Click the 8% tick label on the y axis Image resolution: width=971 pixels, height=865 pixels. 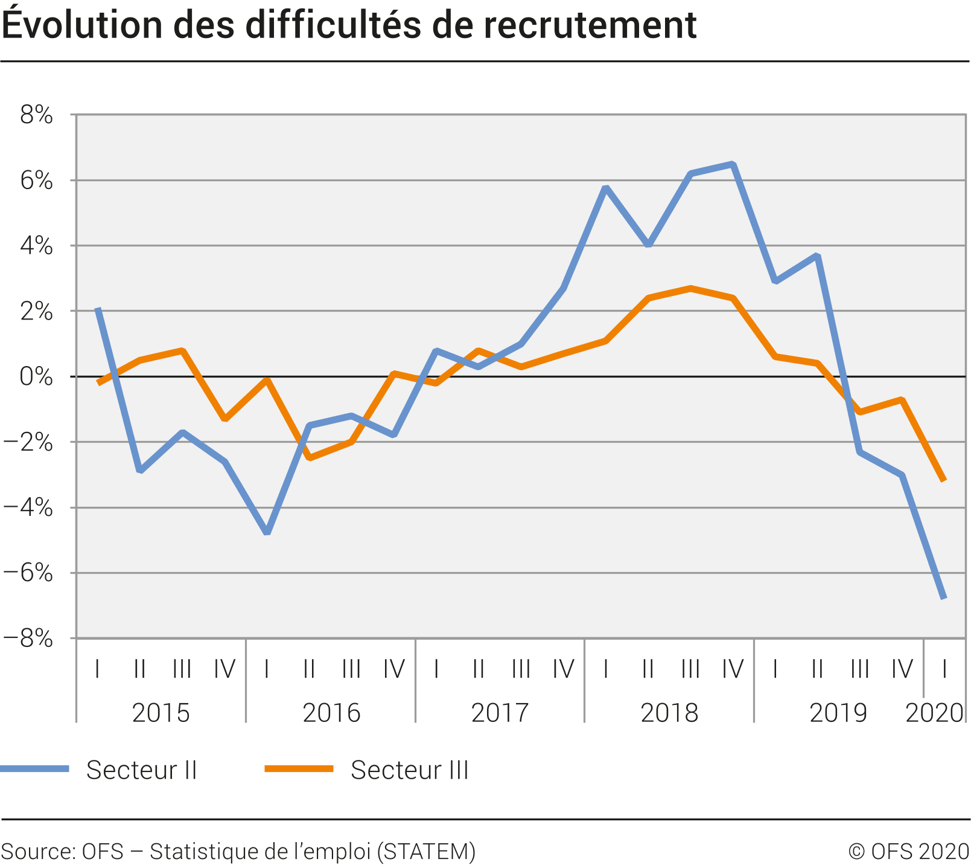click(36, 115)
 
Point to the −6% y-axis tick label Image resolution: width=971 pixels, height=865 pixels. click(29, 573)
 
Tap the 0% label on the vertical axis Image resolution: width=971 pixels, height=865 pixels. click(36, 377)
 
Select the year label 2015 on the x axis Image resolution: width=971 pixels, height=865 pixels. click(161, 713)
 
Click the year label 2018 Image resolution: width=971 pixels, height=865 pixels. click(669, 713)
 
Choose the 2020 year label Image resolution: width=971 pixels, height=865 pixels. click(934, 713)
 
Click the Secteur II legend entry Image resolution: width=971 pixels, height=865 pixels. click(141, 770)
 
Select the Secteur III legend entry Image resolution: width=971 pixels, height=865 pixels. click(409, 770)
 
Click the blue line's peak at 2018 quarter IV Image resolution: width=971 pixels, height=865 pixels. click(733, 164)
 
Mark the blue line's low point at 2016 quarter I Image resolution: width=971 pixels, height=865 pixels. click(267, 532)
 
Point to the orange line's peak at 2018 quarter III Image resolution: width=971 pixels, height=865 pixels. click(690, 288)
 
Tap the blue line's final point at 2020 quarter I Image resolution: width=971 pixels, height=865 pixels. click(944, 597)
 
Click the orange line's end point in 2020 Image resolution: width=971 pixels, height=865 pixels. click(944, 480)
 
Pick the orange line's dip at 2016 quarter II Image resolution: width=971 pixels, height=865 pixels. click(309, 458)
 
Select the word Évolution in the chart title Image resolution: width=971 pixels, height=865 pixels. click(83, 25)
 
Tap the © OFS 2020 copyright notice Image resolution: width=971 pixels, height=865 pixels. click(909, 851)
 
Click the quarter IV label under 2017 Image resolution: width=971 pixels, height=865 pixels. click(563, 669)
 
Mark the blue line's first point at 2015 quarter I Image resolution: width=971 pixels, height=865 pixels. click(98, 310)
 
